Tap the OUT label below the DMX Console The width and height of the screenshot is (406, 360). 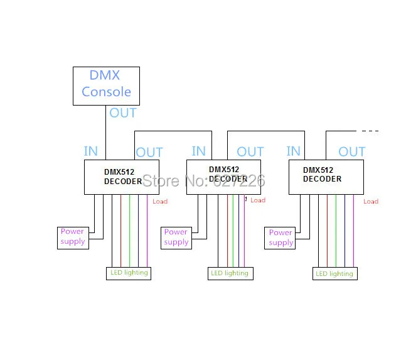123,113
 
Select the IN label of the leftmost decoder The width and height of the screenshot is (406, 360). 90,151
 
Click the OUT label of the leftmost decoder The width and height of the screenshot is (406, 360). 149,153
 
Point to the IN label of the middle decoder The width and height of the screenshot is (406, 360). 198,151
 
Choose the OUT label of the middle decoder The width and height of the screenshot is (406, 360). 250,151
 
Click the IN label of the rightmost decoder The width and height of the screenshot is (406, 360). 294,151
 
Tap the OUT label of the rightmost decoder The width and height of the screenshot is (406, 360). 352,151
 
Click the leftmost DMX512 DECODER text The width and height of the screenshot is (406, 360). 123,177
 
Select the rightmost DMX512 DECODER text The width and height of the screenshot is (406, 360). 322,175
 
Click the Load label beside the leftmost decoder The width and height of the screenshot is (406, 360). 160,202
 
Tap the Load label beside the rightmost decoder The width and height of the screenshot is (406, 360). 371,202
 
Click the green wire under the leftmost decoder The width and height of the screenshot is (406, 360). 130,231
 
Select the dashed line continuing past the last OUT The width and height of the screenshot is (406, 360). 370,131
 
